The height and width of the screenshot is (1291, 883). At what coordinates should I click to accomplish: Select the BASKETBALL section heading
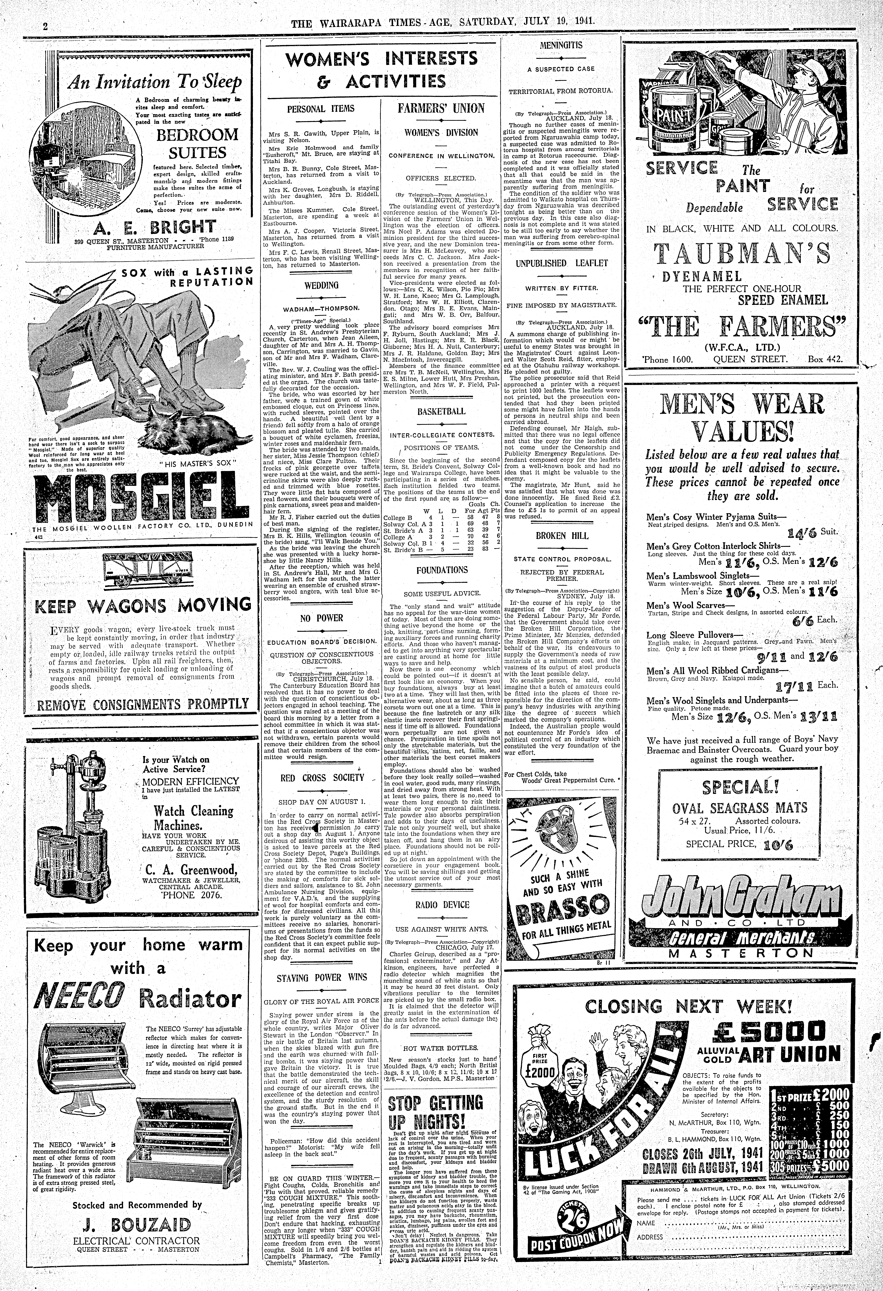(441, 412)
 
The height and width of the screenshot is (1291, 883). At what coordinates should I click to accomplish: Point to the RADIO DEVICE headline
(441, 905)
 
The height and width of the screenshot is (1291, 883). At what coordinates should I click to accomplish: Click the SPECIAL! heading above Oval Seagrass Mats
(741, 787)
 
